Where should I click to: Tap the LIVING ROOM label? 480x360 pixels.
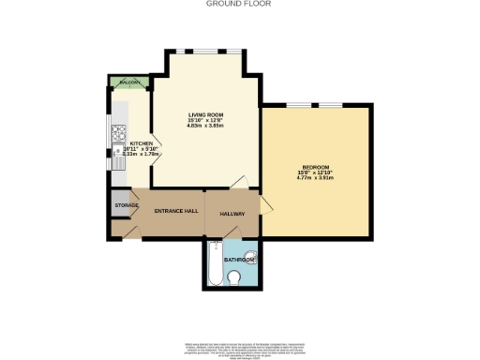(x=203, y=114)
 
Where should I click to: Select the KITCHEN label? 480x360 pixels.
(x=128, y=143)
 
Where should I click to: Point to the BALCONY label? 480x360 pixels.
(x=130, y=82)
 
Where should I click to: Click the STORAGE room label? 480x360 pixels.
(x=127, y=204)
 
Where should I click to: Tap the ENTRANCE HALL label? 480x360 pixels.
(x=175, y=212)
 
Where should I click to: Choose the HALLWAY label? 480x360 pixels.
(x=232, y=214)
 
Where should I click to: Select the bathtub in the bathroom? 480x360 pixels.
(x=214, y=265)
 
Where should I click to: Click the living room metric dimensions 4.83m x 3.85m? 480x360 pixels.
(x=203, y=126)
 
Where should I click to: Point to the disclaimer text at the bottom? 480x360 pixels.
(x=240, y=327)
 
